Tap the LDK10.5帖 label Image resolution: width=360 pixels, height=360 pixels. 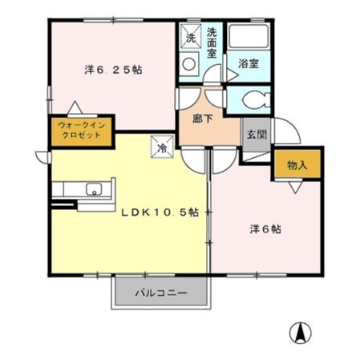coord(160,212)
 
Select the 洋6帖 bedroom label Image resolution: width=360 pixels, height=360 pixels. coord(264,229)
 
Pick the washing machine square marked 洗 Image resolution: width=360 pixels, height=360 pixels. coord(191,37)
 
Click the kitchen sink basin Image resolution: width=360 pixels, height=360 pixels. coord(95,191)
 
